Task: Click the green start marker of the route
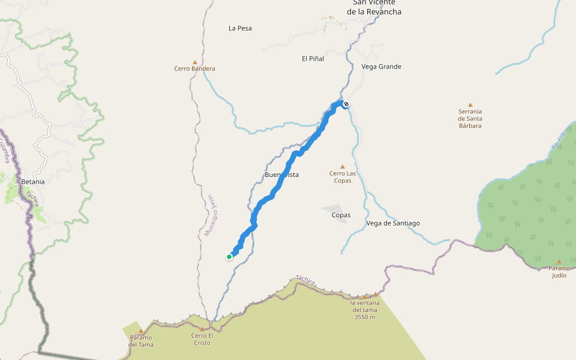point(229,257)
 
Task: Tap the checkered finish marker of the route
point(346,104)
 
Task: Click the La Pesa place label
point(240,28)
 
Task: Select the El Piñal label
point(313,59)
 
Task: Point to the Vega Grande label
point(382,67)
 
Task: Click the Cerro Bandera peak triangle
point(194,62)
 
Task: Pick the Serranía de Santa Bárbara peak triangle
point(470,104)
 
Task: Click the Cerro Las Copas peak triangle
point(343,167)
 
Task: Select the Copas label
point(341,215)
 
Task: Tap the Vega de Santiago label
point(393,223)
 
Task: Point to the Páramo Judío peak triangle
point(559,262)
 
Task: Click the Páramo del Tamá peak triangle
point(141,331)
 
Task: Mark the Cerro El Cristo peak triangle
point(202,329)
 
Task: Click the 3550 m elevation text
point(364,317)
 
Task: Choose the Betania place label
point(33,182)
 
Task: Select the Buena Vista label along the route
point(281,175)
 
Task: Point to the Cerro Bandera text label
point(194,69)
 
